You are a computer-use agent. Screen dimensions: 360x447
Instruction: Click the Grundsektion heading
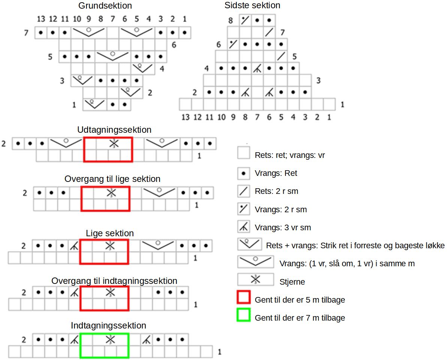pos(105,6)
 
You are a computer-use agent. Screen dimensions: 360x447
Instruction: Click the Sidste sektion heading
pos(252,5)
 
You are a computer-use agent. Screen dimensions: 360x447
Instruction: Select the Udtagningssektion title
pos(114,130)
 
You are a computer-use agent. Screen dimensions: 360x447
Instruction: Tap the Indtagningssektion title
pos(108,325)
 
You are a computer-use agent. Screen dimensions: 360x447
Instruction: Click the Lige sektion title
pos(110,233)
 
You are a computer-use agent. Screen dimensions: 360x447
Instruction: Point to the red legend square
pos(244,299)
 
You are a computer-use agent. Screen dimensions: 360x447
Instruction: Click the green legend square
pos(244,317)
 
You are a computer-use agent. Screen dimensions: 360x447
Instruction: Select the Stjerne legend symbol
pos(255,279)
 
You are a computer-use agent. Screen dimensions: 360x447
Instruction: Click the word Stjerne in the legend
pos(292,282)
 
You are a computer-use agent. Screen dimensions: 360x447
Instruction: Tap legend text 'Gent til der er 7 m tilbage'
pos(300,318)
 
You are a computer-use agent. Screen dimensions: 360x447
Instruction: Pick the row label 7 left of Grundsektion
pos(26,33)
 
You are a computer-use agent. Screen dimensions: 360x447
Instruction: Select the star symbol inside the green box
pos(109,339)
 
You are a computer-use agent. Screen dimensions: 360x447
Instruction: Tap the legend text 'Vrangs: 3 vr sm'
pos(283,227)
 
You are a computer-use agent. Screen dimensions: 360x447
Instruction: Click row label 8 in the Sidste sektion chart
pos(231,21)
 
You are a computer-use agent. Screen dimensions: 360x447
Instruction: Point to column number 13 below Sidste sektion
pos(185,117)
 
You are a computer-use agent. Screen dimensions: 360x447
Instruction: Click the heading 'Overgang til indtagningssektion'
pos(114,280)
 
